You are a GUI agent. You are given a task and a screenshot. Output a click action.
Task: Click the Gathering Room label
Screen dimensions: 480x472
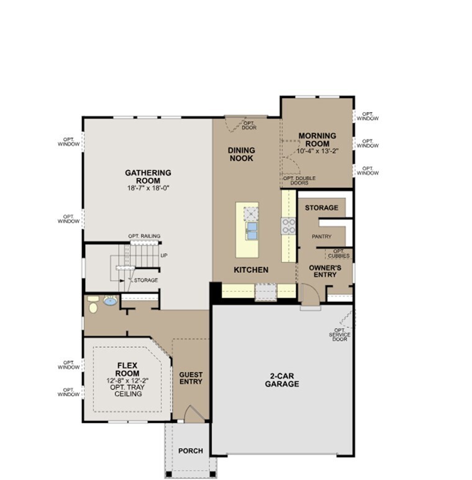(148, 177)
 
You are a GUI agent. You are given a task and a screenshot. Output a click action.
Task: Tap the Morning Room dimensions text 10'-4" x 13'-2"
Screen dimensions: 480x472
(317, 151)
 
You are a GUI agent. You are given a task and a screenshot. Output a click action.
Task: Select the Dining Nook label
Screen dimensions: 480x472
(241, 154)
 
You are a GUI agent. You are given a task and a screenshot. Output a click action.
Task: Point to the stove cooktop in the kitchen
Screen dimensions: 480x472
(289, 226)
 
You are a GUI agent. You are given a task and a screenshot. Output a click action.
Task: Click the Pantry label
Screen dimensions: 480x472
(321, 236)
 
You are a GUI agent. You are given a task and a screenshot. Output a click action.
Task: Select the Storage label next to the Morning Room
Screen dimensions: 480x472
(322, 208)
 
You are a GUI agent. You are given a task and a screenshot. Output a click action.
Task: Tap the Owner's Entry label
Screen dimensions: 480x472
(322, 270)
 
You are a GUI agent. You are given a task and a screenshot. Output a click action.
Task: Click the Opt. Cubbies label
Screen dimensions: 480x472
(338, 254)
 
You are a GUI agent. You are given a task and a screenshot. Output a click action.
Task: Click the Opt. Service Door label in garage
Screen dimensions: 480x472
(340, 335)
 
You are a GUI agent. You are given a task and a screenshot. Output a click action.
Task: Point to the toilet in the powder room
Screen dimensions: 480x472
(93, 304)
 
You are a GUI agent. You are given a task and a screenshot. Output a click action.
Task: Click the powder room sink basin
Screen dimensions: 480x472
(110, 302)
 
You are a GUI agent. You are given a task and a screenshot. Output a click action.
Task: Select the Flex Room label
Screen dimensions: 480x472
(127, 370)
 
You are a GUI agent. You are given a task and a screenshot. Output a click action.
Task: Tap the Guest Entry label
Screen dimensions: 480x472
(191, 378)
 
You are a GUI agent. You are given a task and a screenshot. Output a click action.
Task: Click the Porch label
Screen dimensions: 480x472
(191, 451)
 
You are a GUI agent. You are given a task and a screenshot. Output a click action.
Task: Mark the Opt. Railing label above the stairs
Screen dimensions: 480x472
(144, 236)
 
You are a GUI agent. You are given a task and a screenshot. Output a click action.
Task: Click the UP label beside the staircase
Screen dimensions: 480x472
(164, 255)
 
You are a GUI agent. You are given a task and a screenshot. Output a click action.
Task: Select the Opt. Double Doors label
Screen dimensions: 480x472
(299, 180)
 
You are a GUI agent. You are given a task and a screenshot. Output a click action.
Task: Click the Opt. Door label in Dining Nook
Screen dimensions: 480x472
(249, 125)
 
